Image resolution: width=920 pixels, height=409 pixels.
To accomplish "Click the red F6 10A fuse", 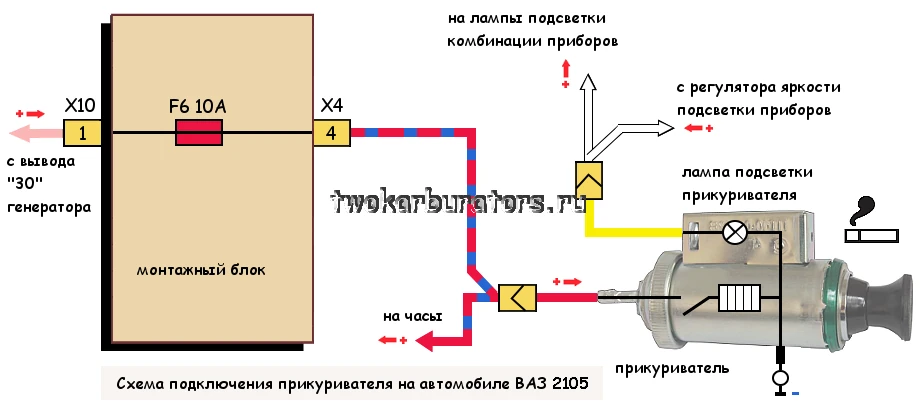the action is pos(199,133).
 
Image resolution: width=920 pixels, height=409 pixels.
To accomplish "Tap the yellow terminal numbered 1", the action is pos(82,133).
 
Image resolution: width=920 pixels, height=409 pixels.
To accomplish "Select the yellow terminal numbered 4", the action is pos(332,133).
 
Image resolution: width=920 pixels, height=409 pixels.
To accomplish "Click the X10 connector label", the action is pos(80,106).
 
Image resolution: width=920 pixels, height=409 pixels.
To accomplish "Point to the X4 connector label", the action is pos(332,106).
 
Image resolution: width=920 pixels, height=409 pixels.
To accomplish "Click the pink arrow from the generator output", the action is pos(36,133).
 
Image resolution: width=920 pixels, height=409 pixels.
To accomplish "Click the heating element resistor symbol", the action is pos(740,297).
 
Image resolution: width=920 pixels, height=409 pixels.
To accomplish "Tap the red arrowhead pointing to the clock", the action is pos(425,341).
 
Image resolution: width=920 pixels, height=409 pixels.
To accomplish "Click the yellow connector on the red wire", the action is pos(517,298).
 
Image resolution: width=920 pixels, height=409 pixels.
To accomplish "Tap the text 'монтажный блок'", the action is pos(201,271).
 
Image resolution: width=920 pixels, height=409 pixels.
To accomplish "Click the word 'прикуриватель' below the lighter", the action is pos(672,369).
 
